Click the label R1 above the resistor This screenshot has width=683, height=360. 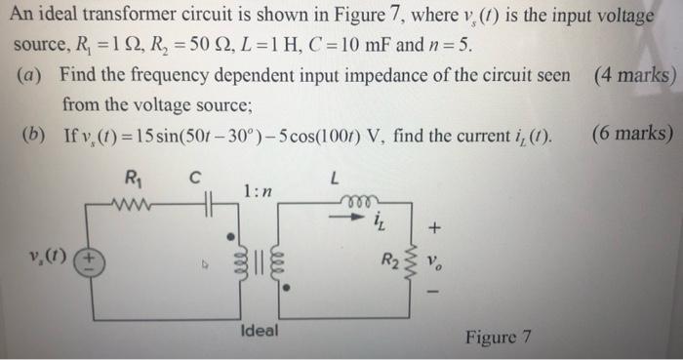point(134,178)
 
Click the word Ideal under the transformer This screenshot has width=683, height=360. point(259,332)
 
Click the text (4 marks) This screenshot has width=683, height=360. point(633,75)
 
